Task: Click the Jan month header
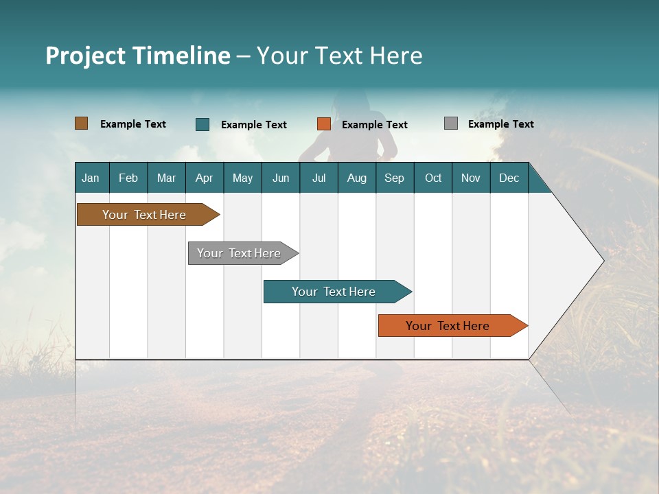(x=91, y=178)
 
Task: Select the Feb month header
(x=128, y=178)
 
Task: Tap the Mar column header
(x=166, y=178)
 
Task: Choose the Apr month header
(x=205, y=178)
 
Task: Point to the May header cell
(x=242, y=178)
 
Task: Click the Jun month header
(x=281, y=178)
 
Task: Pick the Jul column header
(x=319, y=178)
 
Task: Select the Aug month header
(x=357, y=178)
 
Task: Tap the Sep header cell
(x=395, y=178)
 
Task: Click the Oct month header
(x=433, y=178)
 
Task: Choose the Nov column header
(x=471, y=178)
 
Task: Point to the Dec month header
(x=509, y=178)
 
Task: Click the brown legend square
(x=82, y=123)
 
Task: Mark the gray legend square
(x=451, y=123)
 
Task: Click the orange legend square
(x=324, y=124)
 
